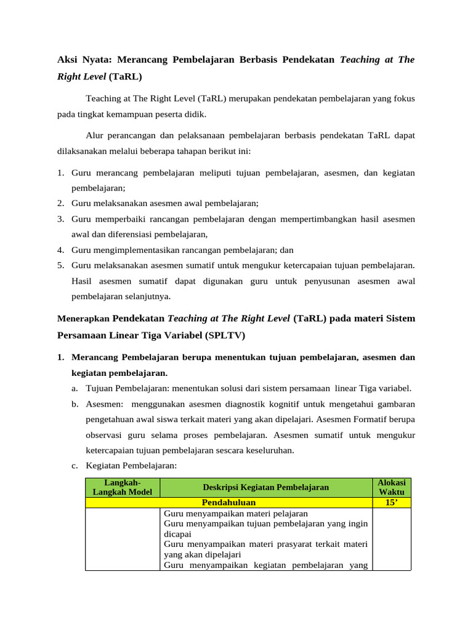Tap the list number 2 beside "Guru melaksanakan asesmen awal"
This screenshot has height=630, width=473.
[61, 203]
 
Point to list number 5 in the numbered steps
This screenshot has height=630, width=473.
[61, 265]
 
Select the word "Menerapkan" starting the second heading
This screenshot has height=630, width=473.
[83, 319]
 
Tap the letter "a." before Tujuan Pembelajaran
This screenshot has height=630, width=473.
[74, 388]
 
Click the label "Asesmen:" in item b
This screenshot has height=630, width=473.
[105, 404]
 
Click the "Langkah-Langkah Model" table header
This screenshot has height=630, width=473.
[123, 487]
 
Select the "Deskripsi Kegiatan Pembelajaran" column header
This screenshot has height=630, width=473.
[265, 487]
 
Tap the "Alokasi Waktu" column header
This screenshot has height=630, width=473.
[392, 487]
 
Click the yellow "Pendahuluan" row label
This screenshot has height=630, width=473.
[228, 503]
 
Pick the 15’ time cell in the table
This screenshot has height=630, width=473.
[392, 503]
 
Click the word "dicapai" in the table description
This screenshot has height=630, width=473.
[177, 534]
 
